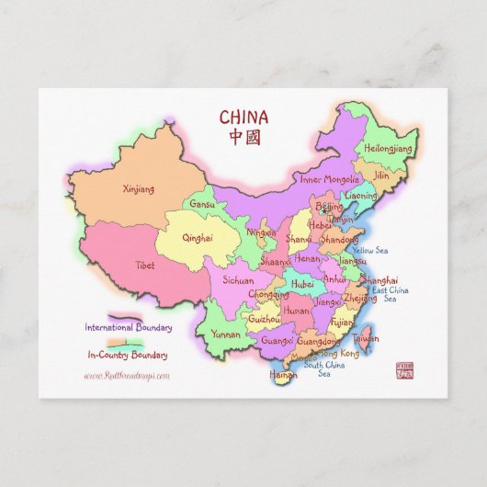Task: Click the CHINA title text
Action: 243,117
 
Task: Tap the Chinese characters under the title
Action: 243,136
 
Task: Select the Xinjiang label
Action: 139,188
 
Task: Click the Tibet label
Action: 145,265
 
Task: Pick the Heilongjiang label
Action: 390,146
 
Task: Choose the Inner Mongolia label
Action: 330,179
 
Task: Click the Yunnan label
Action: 225,334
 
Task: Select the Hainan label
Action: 283,374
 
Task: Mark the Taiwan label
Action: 366,338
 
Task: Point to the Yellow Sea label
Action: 369,250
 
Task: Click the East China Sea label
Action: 390,294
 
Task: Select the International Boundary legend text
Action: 127,326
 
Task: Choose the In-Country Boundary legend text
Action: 128,355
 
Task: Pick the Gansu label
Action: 202,204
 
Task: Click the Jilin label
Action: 381,174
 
